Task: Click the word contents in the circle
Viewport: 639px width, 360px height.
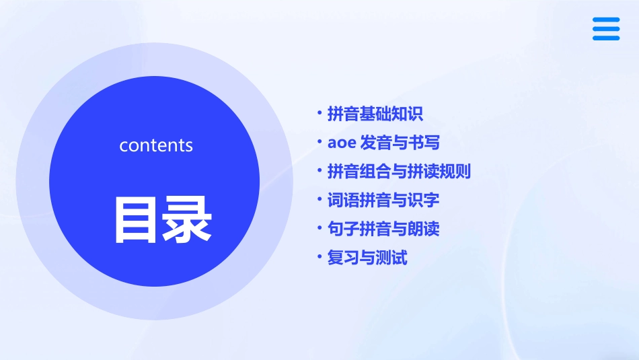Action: point(156,145)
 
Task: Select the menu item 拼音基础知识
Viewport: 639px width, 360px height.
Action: point(375,114)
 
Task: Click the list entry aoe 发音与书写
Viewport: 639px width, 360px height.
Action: point(383,143)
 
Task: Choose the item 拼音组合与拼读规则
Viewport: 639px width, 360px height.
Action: point(399,172)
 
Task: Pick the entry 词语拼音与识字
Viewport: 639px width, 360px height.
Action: point(383,200)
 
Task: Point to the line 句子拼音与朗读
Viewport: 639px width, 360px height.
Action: point(383,229)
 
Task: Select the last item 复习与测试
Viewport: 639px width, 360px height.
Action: point(367,258)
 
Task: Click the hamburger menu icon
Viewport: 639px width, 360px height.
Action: point(606,29)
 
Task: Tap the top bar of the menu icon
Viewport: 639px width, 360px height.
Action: point(606,20)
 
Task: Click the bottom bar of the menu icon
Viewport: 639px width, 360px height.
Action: point(606,38)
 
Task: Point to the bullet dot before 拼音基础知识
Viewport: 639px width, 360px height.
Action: point(320,113)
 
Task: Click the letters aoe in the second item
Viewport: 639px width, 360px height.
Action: point(340,143)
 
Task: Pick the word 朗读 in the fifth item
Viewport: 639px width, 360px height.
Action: point(424,229)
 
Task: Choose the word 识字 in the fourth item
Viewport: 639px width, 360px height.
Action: point(424,200)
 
